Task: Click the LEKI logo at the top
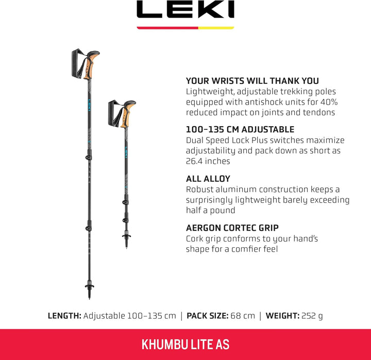(185, 10)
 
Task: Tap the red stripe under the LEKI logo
(167, 27)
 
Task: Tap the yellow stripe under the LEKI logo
(216, 27)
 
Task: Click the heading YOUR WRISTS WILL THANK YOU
(252, 81)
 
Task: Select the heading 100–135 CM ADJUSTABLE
(240, 130)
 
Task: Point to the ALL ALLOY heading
(208, 179)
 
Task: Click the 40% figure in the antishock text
(328, 102)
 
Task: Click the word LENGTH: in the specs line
(64, 316)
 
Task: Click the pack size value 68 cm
(245, 316)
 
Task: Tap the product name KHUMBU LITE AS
(185, 345)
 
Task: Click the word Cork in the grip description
(195, 238)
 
